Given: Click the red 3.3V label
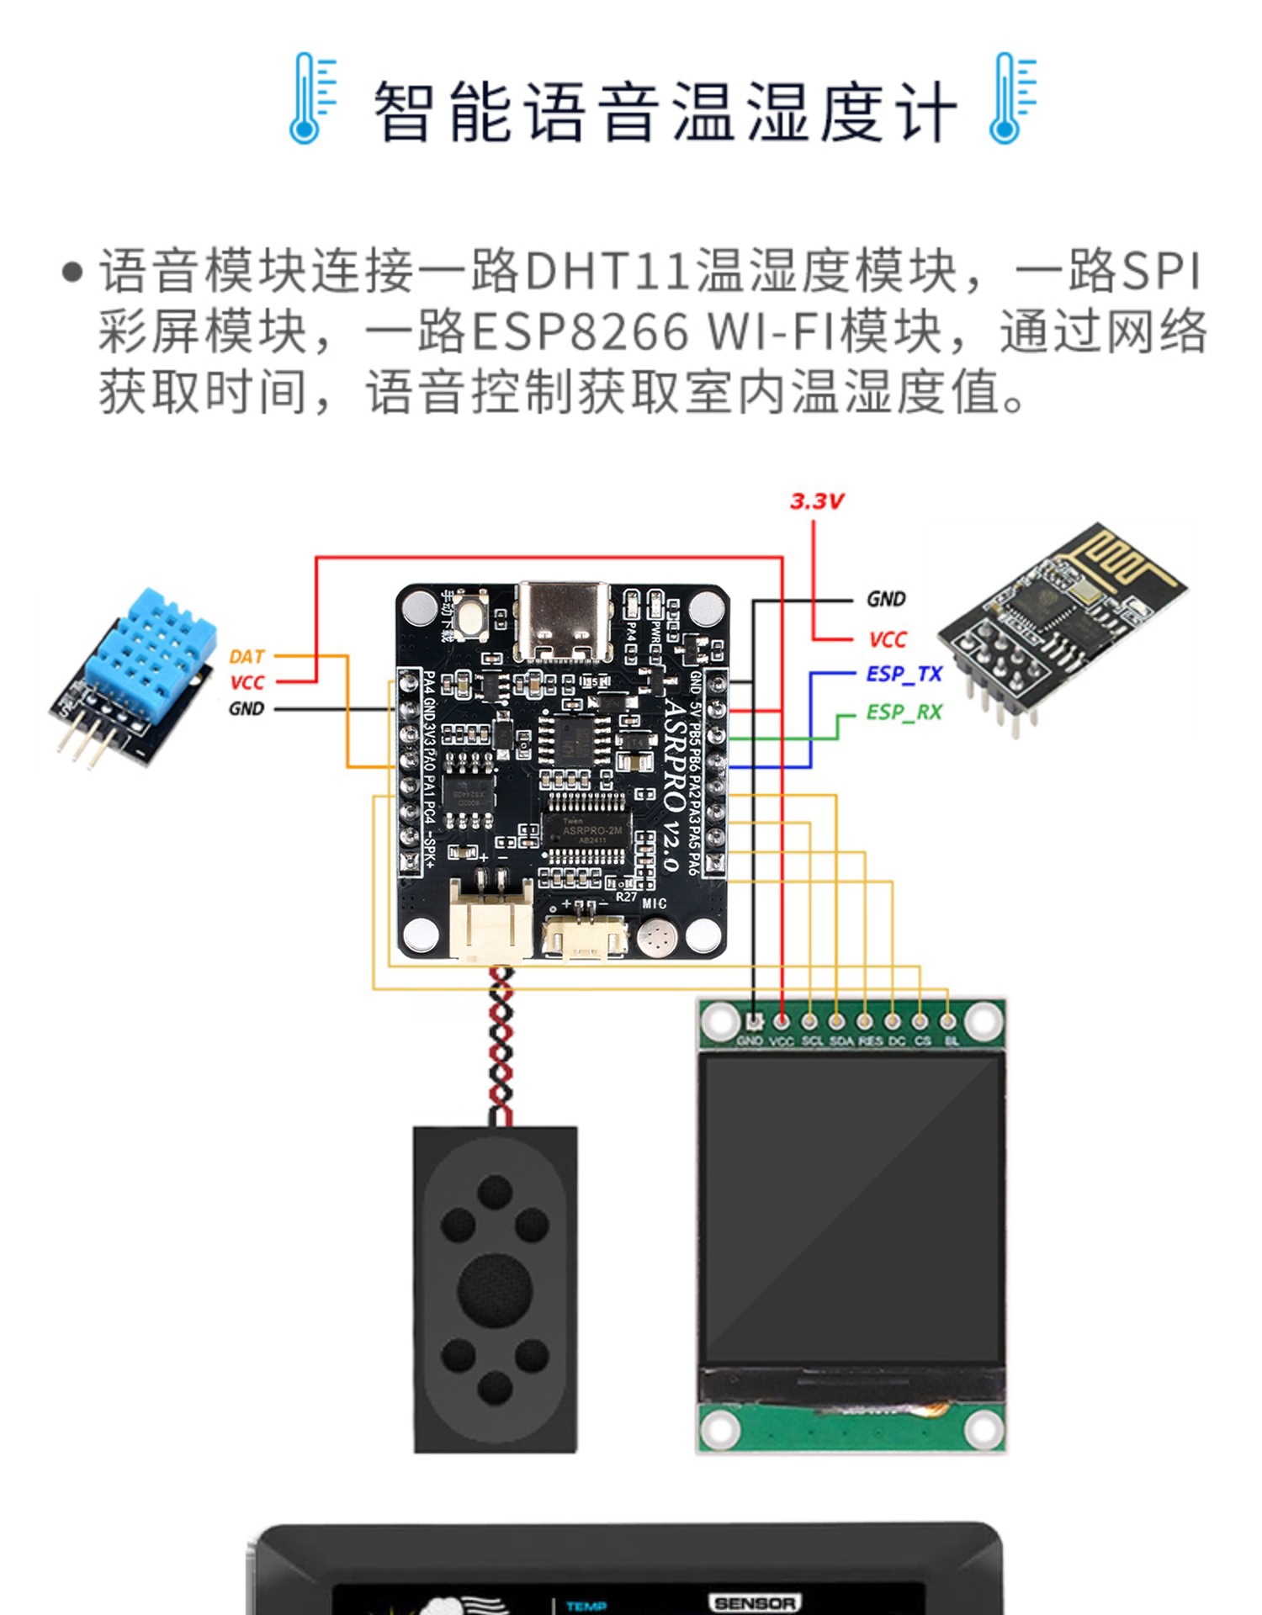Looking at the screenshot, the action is (815, 501).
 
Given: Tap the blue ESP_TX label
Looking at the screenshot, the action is (904, 674).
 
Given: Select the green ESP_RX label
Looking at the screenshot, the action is (904, 712).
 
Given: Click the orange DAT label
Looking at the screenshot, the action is (247, 656).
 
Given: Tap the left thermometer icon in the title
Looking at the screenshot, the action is (311, 98).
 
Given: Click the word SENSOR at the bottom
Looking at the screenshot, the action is (754, 1602).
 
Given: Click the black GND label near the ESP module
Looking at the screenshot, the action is (886, 599).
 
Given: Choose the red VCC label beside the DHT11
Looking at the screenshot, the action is (247, 682).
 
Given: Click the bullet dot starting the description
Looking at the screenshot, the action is (74, 272).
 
